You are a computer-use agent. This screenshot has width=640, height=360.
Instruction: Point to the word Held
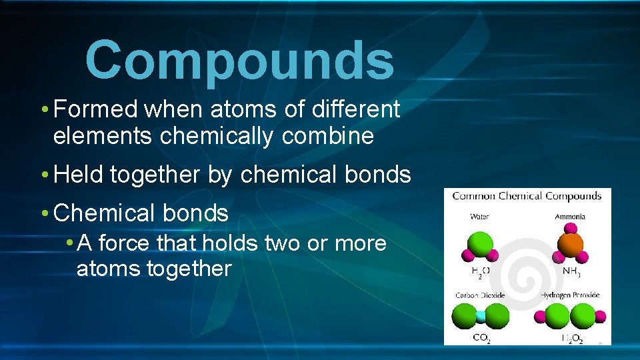pyautogui.click(x=79, y=175)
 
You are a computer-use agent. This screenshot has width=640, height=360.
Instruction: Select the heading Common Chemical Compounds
pyautogui.click(x=527, y=196)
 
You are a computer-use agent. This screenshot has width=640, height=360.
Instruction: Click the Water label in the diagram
pyautogui.click(x=479, y=217)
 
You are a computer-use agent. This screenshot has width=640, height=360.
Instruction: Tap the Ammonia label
pyautogui.click(x=570, y=217)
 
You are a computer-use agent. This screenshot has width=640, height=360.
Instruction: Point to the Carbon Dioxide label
pyautogui.click(x=480, y=295)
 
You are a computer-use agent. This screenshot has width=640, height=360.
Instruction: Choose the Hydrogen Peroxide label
pyautogui.click(x=570, y=295)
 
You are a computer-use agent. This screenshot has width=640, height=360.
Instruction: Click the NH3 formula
pyautogui.click(x=570, y=271)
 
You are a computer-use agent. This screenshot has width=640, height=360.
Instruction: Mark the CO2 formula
pyautogui.click(x=481, y=338)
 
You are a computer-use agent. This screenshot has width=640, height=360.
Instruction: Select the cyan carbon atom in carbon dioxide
pyautogui.click(x=481, y=316)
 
